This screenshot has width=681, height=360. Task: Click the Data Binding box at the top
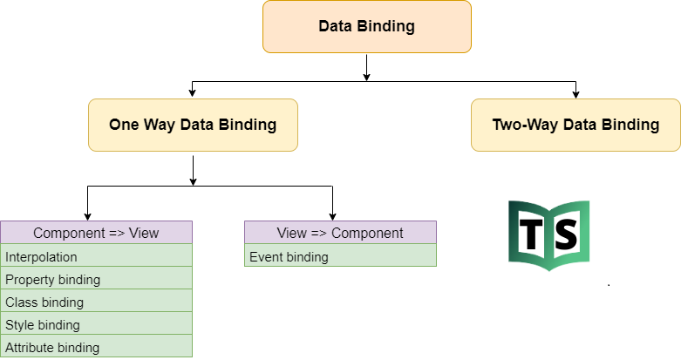pos(366,26)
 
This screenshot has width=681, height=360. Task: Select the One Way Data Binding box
pos(193,125)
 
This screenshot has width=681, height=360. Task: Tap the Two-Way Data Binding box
pos(575,125)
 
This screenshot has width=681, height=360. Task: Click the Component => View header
pos(96,233)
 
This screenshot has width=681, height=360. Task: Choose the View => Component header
pos(340,233)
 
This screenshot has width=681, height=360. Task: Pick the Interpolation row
pos(96,257)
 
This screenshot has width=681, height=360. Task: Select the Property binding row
pos(96,280)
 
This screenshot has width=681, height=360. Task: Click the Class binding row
pos(96,302)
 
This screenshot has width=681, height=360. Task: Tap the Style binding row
pos(96,325)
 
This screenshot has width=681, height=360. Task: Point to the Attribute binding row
pos(96,347)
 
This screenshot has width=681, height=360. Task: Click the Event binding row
pos(340,257)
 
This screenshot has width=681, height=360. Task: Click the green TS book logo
pos(549,234)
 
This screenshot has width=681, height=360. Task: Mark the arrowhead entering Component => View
pos(87,216)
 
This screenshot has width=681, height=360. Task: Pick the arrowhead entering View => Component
pos(332,216)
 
